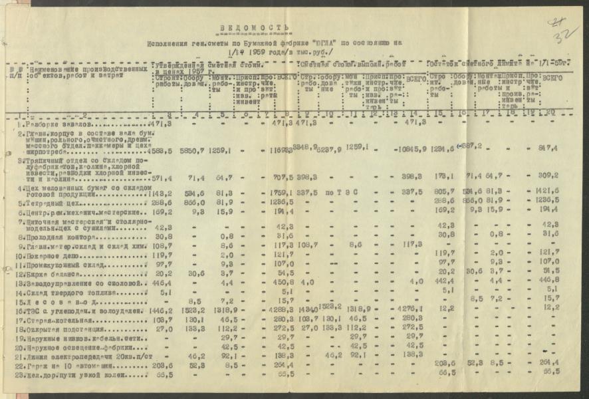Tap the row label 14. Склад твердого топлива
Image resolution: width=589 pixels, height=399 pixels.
pos(64,291)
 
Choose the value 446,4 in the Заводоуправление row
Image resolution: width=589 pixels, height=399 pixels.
pos(162,282)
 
